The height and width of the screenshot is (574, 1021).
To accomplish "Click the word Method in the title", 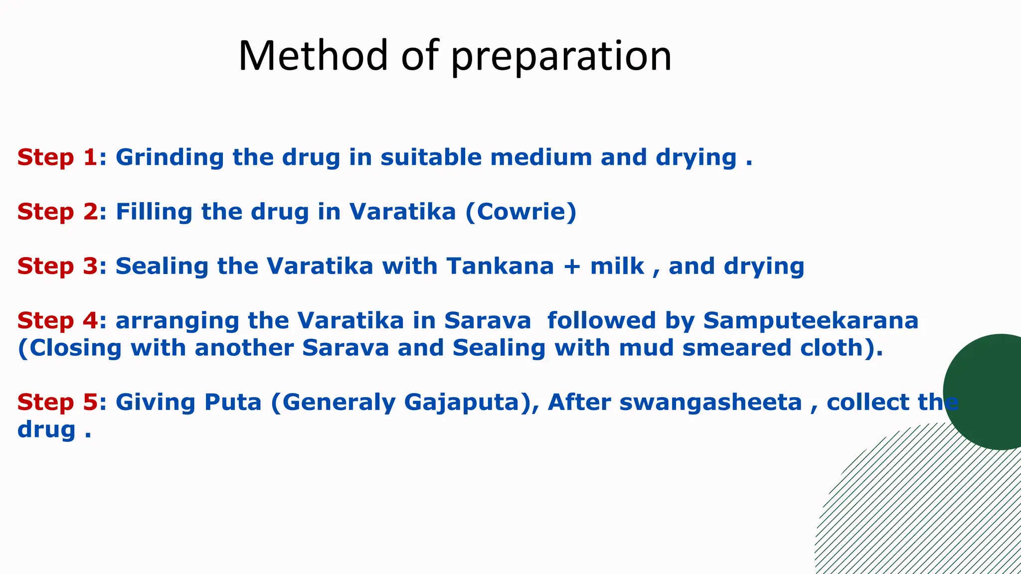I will (x=313, y=55).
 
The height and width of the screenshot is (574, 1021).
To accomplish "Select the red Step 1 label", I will (x=57, y=157).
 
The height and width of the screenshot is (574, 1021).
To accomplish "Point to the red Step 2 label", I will (x=57, y=212).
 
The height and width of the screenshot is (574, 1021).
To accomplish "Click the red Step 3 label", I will (x=57, y=266).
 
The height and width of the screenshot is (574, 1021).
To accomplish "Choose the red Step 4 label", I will (x=57, y=320).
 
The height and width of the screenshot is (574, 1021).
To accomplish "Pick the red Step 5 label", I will (x=57, y=402).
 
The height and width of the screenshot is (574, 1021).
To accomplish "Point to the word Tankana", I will (x=500, y=266).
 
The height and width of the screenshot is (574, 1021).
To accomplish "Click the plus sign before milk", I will (x=572, y=267).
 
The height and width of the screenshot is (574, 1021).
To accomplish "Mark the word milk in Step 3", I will (x=617, y=266).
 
